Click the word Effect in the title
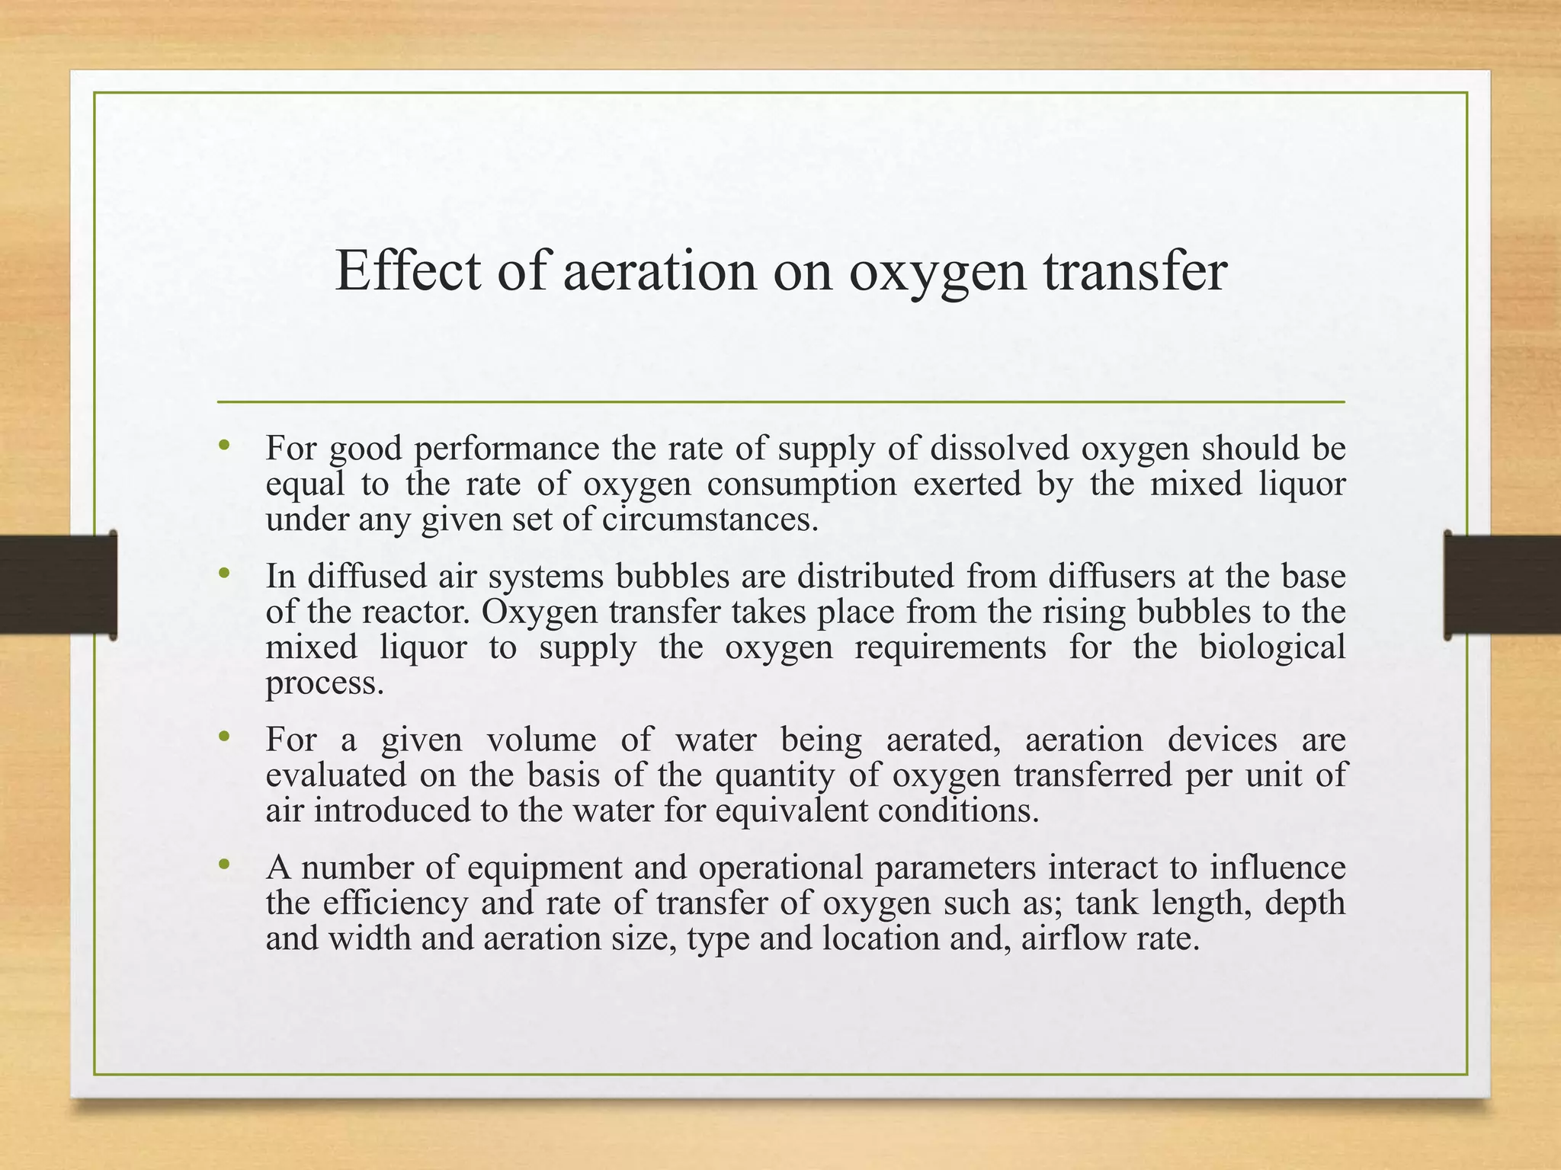[409, 270]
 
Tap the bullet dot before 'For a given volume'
[223, 737]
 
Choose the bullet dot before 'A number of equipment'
[223, 865]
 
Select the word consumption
[801, 484]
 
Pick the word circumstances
[710, 520]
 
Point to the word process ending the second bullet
[325, 683]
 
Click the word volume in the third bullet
[542, 740]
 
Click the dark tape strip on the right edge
[1502, 585]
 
